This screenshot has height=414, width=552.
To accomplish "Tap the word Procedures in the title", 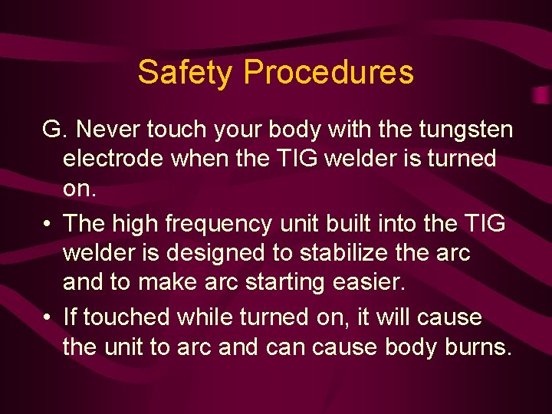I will pos(329,73).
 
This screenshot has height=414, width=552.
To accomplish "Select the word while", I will pos(207,317).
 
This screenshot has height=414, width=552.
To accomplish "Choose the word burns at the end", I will pos(478,347).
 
